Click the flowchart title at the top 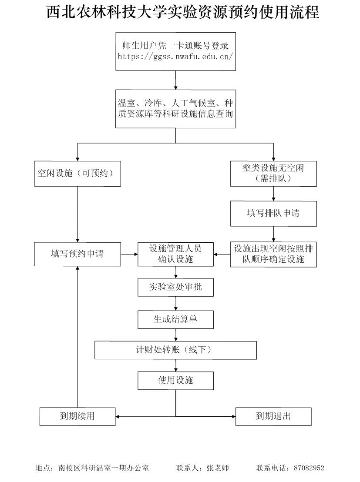point(183,12)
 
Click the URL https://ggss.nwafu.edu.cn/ point(175,56)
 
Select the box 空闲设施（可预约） point(77,174)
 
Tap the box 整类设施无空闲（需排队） point(273,174)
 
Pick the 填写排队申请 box point(273,213)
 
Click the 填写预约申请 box point(77,254)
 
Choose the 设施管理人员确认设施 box point(175,254)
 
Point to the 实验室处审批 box point(175,287)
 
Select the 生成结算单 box point(175,319)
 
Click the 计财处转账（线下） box point(175,350)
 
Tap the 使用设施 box point(175,381)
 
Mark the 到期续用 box point(77,416)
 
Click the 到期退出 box point(273,416)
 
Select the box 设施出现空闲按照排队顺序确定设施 point(273,254)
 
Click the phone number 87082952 point(309,468)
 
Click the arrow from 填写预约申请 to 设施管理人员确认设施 point(129,254)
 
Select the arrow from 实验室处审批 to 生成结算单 point(176,303)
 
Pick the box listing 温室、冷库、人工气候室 point(175,109)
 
